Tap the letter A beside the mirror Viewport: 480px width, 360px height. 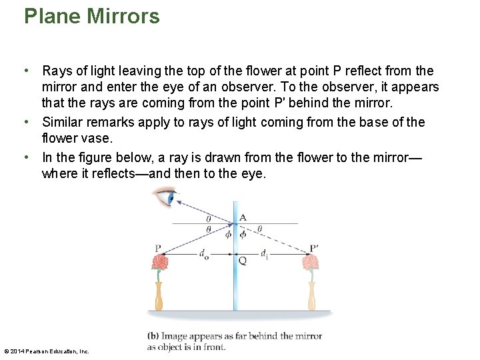tap(243, 217)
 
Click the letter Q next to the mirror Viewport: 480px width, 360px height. tap(243, 261)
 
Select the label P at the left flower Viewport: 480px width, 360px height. tap(158, 249)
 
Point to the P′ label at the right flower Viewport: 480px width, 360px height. tap(313, 249)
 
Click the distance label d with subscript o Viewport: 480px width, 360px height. tap(203, 253)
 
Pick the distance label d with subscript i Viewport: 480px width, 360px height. tap(265, 253)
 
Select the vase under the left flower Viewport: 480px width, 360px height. tap(159, 296)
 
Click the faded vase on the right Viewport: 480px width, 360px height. tap(311, 296)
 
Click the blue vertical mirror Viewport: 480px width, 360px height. tap(235, 280)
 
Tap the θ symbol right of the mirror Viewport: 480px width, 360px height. tap(259, 229)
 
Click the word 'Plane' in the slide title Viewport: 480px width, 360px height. tap(53, 16)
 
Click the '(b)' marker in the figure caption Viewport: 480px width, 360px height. tap(153, 336)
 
